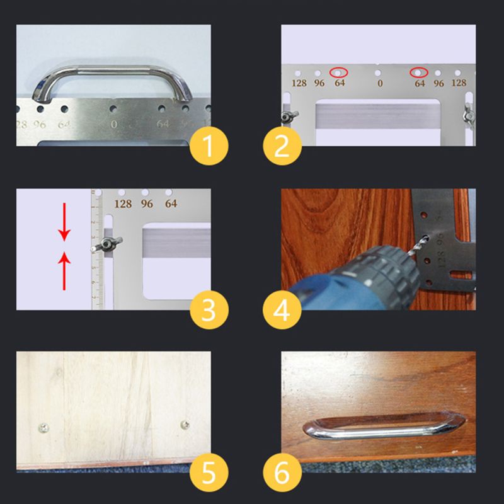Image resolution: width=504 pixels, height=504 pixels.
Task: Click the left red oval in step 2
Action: click(x=340, y=72)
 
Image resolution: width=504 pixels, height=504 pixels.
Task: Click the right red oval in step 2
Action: click(x=420, y=72)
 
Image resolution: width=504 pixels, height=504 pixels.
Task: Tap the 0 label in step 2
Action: click(x=379, y=83)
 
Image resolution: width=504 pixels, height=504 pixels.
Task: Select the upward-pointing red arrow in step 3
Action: click(x=64, y=271)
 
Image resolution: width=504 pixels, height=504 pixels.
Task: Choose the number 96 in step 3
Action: click(x=147, y=204)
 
